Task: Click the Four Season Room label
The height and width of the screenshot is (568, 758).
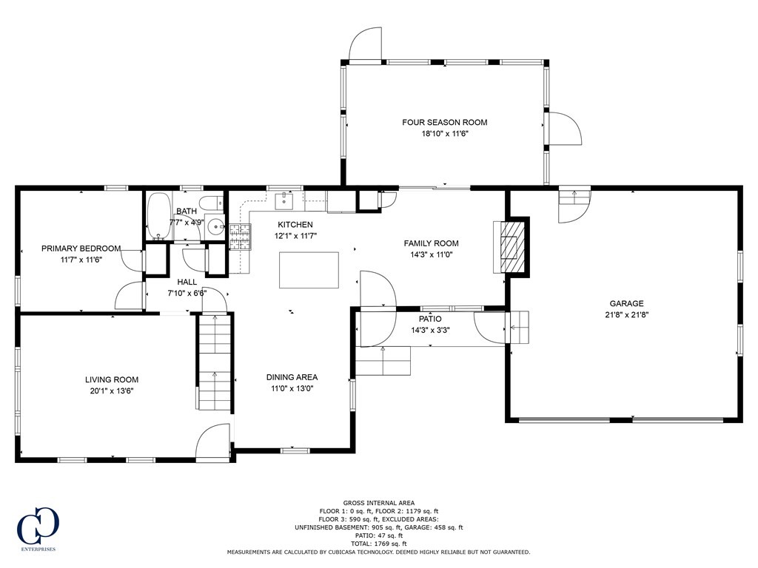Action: click(445, 122)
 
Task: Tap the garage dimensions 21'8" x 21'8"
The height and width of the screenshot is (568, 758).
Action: click(626, 315)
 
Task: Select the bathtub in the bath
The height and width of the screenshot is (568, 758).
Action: click(159, 217)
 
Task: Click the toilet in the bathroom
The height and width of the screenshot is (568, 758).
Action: click(212, 202)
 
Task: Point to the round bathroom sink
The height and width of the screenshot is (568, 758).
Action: click(215, 226)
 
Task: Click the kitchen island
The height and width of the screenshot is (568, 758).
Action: click(309, 270)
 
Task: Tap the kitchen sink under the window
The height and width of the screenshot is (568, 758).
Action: click(284, 201)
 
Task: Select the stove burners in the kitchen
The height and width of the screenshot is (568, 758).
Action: click(241, 237)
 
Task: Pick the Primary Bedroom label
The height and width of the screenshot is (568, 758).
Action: click(81, 248)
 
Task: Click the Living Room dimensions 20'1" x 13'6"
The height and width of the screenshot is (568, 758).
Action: click(112, 391)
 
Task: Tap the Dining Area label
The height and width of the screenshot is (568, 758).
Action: click(292, 377)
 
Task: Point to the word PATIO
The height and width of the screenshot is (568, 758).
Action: click(430, 319)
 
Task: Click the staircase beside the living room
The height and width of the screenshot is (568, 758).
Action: click(215, 362)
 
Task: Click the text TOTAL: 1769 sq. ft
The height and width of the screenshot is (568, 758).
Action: click(378, 544)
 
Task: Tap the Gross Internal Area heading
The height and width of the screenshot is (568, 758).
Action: click(378, 503)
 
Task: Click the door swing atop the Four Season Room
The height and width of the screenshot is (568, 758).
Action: click(365, 44)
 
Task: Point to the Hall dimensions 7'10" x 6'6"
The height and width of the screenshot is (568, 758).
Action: click(187, 293)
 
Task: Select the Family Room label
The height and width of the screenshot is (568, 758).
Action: click(432, 243)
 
